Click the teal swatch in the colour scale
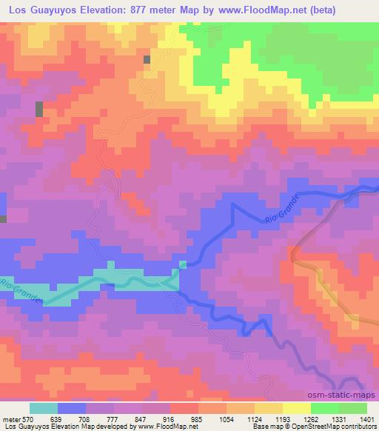[44, 407]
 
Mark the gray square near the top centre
[147, 59]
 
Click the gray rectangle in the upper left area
[38, 109]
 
